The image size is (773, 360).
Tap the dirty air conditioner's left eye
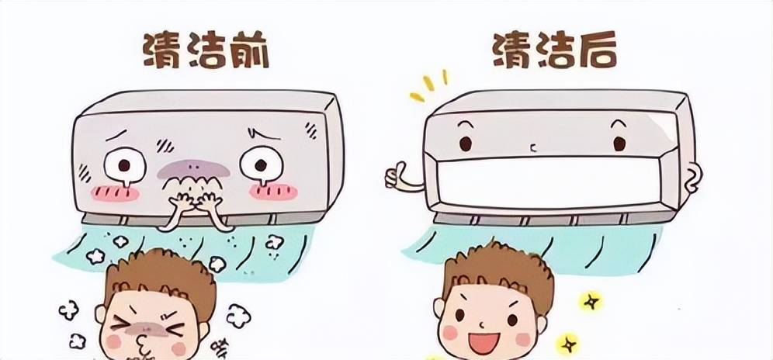[125, 164]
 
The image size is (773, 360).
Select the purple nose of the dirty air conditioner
[193, 170]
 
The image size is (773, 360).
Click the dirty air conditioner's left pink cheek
[116, 193]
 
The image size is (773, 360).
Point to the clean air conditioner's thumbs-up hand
[402, 177]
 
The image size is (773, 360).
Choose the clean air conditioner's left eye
[466, 144]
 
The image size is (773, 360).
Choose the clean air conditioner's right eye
[619, 144]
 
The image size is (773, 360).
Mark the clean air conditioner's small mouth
[532, 147]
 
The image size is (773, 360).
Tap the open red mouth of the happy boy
[484, 342]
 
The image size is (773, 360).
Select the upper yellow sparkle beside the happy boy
[591, 301]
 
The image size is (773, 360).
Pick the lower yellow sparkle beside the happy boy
[567, 344]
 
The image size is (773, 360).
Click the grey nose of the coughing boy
[147, 328]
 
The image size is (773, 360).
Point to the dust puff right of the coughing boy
[238, 316]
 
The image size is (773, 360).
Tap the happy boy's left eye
[459, 315]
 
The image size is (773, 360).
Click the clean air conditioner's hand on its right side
[693, 178]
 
